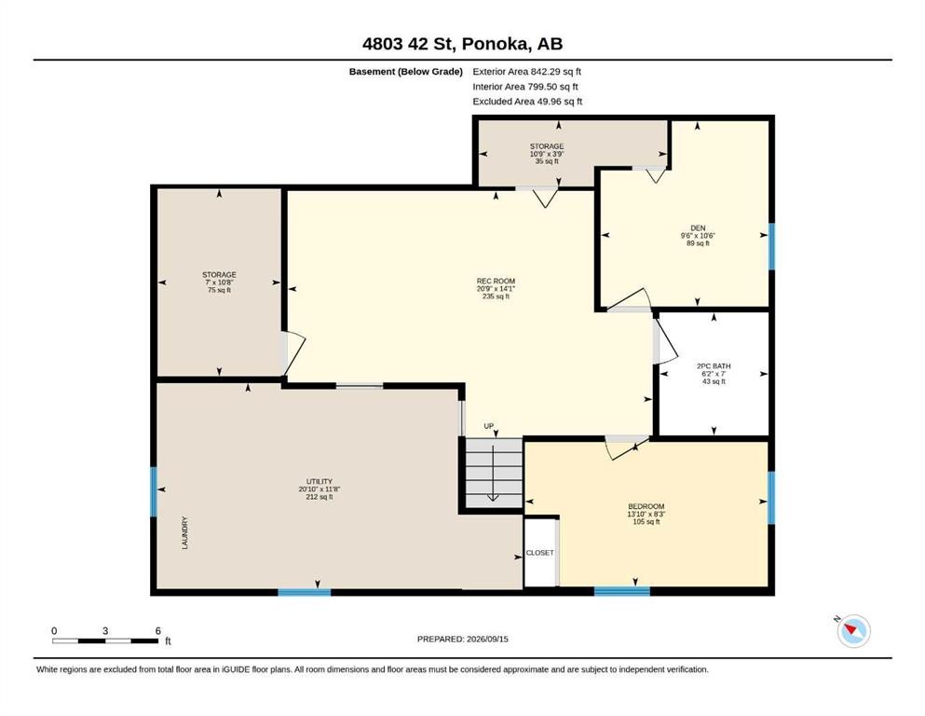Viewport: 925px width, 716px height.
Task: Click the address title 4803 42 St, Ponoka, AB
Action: coord(462,44)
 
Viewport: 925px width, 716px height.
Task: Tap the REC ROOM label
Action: coord(496,281)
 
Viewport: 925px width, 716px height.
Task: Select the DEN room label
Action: coord(698,227)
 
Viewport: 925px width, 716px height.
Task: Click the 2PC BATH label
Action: coord(714,366)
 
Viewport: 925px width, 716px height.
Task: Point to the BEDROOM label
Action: coord(646,506)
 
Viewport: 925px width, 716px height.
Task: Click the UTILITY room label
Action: coord(320,482)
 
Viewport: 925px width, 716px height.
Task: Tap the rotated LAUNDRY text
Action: coord(184,533)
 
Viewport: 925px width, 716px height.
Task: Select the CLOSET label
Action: coord(539,553)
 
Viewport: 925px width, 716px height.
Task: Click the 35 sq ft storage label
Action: coord(547,154)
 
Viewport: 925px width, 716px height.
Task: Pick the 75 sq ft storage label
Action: coord(219,282)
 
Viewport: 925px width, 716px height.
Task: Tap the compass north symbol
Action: coord(853,630)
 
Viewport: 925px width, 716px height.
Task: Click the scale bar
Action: coord(105,640)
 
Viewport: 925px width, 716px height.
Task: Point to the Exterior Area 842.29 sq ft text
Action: coord(527,72)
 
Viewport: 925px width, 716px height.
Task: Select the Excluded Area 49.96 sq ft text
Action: coord(527,102)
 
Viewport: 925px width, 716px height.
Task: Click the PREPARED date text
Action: coord(462,639)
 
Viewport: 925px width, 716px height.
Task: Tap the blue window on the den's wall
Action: coord(771,246)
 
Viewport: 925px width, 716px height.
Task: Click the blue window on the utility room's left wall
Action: coord(154,491)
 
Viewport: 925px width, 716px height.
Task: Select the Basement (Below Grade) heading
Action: coord(406,72)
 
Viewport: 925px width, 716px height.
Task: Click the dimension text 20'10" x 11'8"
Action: coord(320,489)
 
